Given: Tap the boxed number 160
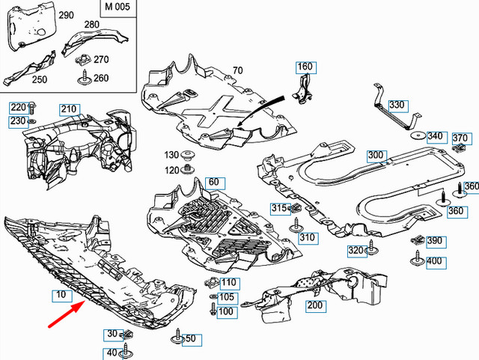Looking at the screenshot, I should point(305,67).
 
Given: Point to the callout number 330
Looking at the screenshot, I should point(396,105).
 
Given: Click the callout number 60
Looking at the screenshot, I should point(213,182).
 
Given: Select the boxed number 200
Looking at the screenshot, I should point(314,306).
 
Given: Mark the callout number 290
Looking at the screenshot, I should point(65,15).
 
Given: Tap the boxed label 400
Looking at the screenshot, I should point(434,261).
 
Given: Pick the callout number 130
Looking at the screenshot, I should point(172,155).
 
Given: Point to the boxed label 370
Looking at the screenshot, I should point(460,138).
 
